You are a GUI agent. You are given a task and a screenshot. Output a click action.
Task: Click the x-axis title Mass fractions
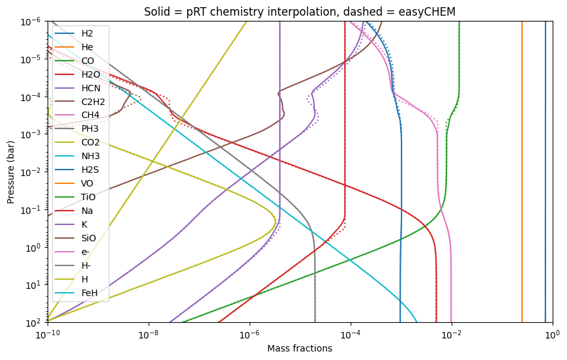pyautogui.click(x=300, y=348)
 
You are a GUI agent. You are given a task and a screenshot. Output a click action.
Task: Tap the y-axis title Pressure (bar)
pyautogui.click(x=10, y=172)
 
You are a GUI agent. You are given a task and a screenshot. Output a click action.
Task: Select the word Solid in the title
pyautogui.click(x=154, y=12)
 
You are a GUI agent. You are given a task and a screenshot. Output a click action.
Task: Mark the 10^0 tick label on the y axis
pyautogui.click(x=36, y=248)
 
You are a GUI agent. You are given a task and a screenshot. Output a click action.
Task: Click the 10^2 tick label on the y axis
pyautogui.click(x=36, y=323)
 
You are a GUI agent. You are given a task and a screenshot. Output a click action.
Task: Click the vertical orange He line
pyautogui.click(x=522, y=172)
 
